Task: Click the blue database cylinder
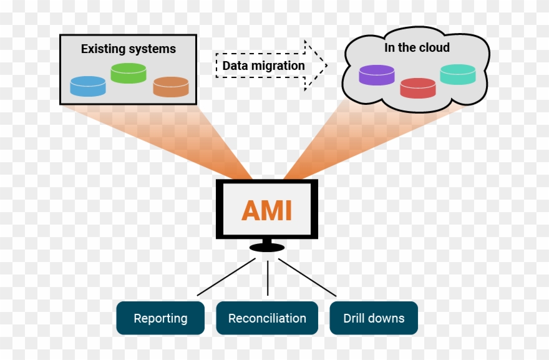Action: [x=87, y=86]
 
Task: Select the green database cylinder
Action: [x=128, y=73]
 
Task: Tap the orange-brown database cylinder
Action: [x=171, y=87]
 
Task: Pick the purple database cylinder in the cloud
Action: [x=377, y=75]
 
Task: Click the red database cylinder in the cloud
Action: [x=417, y=87]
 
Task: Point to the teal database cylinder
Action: [x=457, y=75]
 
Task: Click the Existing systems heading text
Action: [x=128, y=49]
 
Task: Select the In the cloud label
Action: [x=416, y=47]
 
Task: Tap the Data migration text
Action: [x=263, y=66]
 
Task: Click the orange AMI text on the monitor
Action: [x=266, y=211]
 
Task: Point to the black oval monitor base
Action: [x=266, y=248]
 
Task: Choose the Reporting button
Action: [x=160, y=318]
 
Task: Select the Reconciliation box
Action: [x=267, y=318]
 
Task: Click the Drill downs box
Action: [x=373, y=318]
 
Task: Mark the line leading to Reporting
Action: [x=226, y=277]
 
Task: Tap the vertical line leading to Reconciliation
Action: [x=268, y=278]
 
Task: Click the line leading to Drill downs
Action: [x=307, y=277]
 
